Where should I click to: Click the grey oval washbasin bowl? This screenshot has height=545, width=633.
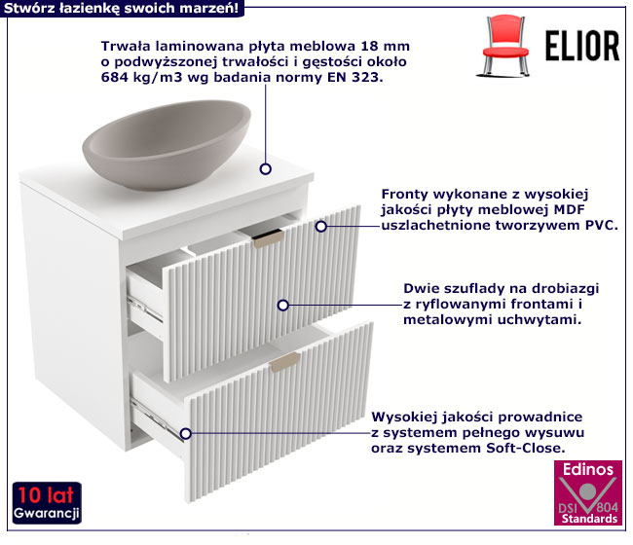point(167,144)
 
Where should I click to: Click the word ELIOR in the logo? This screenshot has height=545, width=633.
point(582,46)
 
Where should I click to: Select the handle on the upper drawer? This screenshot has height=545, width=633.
point(267,238)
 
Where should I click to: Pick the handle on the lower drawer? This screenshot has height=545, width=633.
point(285,362)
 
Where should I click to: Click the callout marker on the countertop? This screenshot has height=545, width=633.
point(265,168)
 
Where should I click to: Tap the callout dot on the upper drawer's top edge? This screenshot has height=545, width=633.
point(321,227)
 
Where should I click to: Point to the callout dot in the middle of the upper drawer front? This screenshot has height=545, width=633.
point(283,305)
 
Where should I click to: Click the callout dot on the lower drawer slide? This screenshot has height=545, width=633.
point(185,433)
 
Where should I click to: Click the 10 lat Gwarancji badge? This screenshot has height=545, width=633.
point(47,503)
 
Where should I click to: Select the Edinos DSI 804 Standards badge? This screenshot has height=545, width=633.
point(588,492)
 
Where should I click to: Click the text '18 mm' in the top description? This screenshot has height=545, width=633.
point(385,46)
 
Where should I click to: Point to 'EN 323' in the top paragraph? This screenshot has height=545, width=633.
point(354,77)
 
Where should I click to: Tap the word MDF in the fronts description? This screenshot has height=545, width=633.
point(570,209)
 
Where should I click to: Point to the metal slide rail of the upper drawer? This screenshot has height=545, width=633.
point(145,309)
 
